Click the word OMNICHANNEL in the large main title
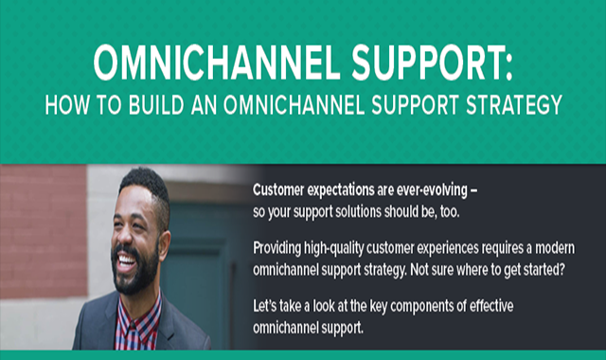tap(217, 63)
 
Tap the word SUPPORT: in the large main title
tap(432, 63)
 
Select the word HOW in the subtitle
tap(67, 105)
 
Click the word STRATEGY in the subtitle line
tap(513, 105)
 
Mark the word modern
tap(555, 248)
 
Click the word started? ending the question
tap(544, 270)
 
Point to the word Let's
tap(265, 306)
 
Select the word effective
tap(491, 306)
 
